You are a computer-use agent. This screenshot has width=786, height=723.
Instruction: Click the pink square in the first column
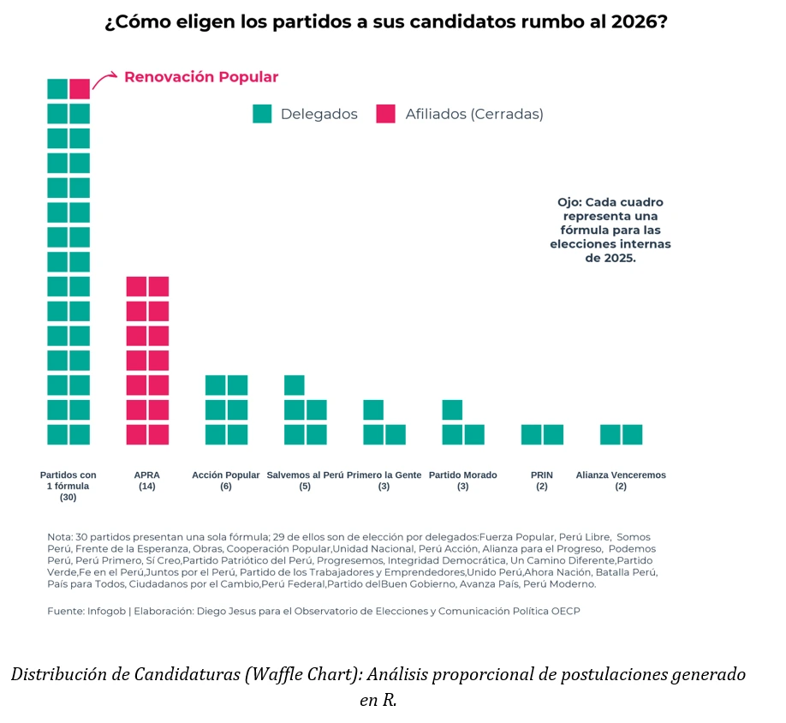(x=80, y=88)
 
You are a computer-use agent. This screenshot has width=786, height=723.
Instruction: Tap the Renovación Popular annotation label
(x=201, y=77)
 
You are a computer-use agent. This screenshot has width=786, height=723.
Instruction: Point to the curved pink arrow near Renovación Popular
(x=104, y=81)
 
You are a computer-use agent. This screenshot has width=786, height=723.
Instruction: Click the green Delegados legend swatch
(x=262, y=114)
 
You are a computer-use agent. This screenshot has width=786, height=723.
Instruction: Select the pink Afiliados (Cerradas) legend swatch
(x=386, y=114)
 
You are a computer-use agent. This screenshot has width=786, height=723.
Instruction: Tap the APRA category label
(x=146, y=475)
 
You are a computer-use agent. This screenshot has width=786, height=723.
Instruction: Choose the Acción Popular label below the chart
(x=226, y=475)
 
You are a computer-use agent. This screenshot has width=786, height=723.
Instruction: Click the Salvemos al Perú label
(x=305, y=475)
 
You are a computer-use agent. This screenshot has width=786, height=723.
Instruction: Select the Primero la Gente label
(x=384, y=475)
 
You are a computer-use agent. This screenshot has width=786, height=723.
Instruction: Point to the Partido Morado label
(x=462, y=475)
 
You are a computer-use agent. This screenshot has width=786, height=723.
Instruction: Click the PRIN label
(x=542, y=475)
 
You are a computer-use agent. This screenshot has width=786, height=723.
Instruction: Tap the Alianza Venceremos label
(x=621, y=475)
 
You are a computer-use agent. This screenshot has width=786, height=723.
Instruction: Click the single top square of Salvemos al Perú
(x=294, y=385)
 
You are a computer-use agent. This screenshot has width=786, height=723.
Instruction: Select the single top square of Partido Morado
(x=452, y=409)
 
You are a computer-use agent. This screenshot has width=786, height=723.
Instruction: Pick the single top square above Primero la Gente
(x=373, y=409)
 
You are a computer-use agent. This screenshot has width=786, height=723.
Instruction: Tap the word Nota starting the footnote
(x=59, y=537)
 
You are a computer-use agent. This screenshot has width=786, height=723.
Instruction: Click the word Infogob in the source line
(x=105, y=611)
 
